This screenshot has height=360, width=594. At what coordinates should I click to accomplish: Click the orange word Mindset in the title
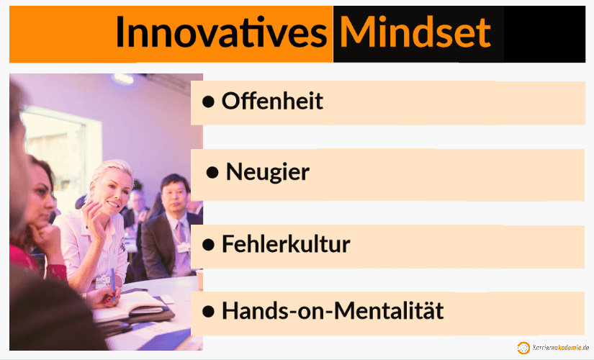(x=415, y=32)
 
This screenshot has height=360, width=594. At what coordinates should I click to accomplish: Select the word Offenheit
(x=272, y=102)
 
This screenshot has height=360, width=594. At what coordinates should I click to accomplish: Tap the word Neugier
(x=267, y=172)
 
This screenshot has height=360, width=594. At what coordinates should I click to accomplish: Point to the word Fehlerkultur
(x=286, y=244)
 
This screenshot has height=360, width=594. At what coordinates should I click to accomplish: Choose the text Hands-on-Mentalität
(x=332, y=311)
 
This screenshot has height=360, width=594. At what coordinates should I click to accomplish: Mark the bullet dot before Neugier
(x=212, y=173)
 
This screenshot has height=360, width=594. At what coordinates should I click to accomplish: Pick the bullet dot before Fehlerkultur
(x=209, y=245)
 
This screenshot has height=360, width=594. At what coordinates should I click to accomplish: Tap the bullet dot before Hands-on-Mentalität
(x=209, y=312)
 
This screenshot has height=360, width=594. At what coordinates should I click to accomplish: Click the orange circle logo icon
(x=523, y=348)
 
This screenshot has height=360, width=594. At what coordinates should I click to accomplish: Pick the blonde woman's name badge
(x=102, y=282)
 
